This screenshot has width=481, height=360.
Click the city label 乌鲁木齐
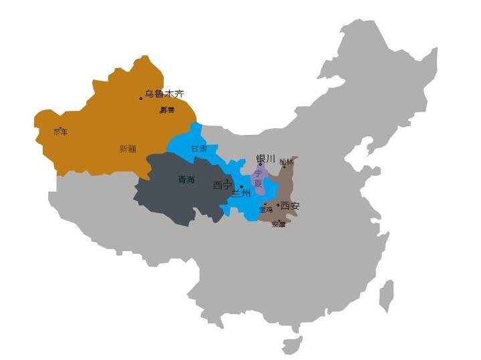(x=164, y=94)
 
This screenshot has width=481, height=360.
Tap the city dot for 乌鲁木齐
(x=141, y=99)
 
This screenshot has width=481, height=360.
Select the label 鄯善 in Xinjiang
(x=167, y=110)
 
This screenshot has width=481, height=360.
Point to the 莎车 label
(x=61, y=132)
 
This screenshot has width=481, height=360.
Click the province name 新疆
(x=128, y=149)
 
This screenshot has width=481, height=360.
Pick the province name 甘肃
(x=199, y=148)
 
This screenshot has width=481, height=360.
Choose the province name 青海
(x=186, y=180)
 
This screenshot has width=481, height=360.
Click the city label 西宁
(x=222, y=185)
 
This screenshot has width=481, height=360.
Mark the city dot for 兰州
(x=241, y=187)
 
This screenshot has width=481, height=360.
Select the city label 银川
(x=265, y=159)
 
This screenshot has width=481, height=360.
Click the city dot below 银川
(x=261, y=164)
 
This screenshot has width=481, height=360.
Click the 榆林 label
(x=286, y=162)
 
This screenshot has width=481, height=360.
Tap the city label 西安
(x=291, y=206)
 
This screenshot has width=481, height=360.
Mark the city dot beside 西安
(x=278, y=205)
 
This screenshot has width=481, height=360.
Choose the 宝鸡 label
(x=266, y=209)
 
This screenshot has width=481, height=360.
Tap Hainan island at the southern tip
(x=292, y=345)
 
